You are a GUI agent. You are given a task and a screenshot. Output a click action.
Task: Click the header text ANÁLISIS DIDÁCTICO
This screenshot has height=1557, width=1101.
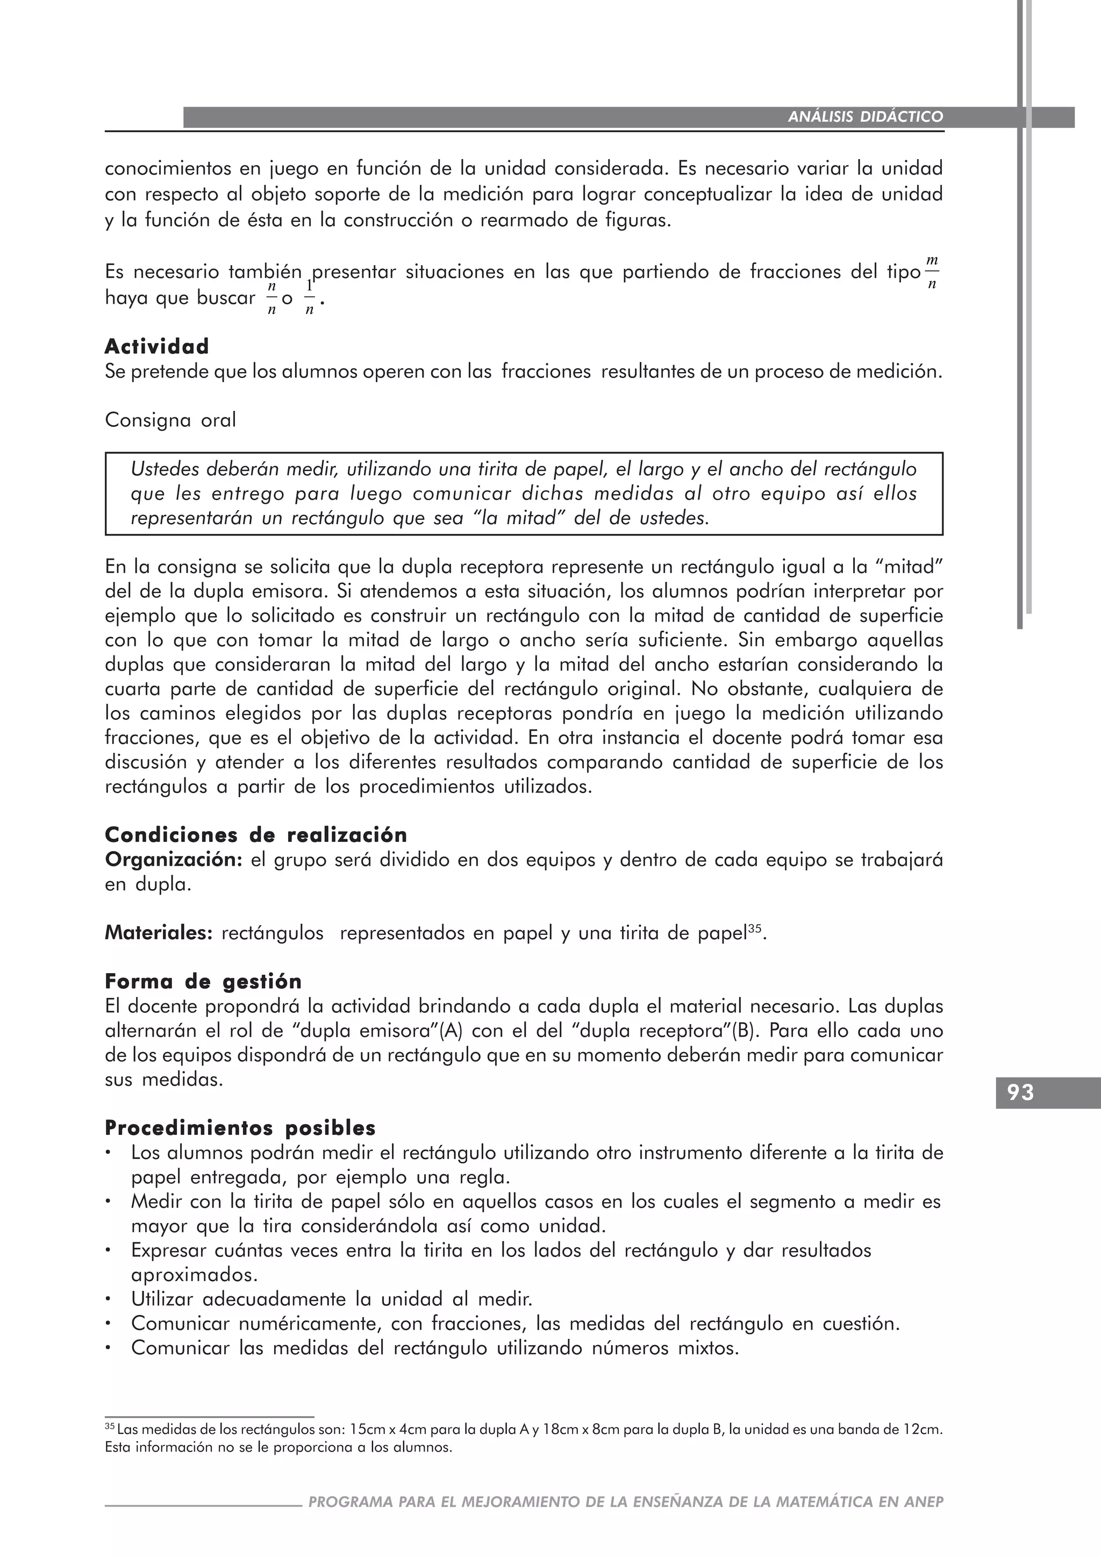pyautogui.click(x=865, y=117)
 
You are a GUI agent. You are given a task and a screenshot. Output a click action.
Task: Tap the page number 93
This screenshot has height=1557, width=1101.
pyautogui.click(x=1020, y=1092)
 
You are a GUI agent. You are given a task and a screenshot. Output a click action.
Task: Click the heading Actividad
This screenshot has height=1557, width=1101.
pyautogui.click(x=156, y=347)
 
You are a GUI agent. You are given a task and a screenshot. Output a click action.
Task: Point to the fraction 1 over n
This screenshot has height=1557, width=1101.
pyautogui.click(x=309, y=298)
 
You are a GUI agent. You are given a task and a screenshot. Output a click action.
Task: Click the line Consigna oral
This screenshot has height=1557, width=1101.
pyautogui.click(x=170, y=420)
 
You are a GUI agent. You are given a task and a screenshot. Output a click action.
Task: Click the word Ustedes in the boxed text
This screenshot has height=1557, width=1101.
pyautogui.click(x=163, y=469)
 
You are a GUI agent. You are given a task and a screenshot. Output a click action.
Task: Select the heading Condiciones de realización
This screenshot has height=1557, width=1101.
pyautogui.click(x=255, y=835)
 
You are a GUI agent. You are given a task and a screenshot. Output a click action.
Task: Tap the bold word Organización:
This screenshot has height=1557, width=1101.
pyautogui.click(x=174, y=860)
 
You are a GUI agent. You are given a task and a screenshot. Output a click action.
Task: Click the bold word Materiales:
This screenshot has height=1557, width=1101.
pyautogui.click(x=159, y=933)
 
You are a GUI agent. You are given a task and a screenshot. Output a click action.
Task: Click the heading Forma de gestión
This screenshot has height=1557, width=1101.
pyautogui.click(x=203, y=981)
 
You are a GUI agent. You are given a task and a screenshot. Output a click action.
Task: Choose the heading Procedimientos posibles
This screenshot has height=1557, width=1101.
pyautogui.click(x=240, y=1129)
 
